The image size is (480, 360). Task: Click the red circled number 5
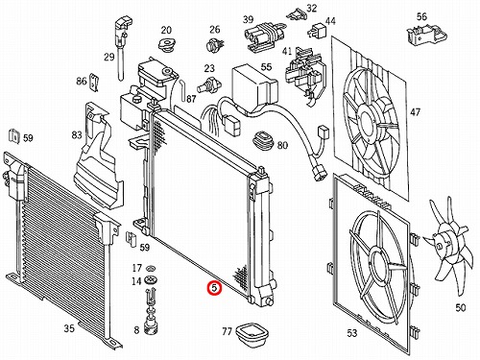coord(214,288)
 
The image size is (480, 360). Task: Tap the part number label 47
coord(416,112)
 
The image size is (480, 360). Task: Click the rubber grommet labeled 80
coord(263,140)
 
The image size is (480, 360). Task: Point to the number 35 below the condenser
coord(69,328)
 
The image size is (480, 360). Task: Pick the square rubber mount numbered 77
coord(252,333)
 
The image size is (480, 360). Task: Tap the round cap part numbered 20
coord(167,45)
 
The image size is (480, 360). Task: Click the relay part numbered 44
coord(314,31)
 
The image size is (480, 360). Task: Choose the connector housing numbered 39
coord(262,37)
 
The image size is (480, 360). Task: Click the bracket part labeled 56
coord(425,35)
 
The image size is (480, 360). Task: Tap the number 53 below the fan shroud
coord(351,333)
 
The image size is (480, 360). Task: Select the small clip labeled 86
coord(94,83)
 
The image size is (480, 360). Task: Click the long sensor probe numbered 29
coord(122,48)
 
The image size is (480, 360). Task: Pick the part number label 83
coord(77,135)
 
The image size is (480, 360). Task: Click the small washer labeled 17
coord(149,268)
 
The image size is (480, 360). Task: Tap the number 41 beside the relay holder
coord(287,52)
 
